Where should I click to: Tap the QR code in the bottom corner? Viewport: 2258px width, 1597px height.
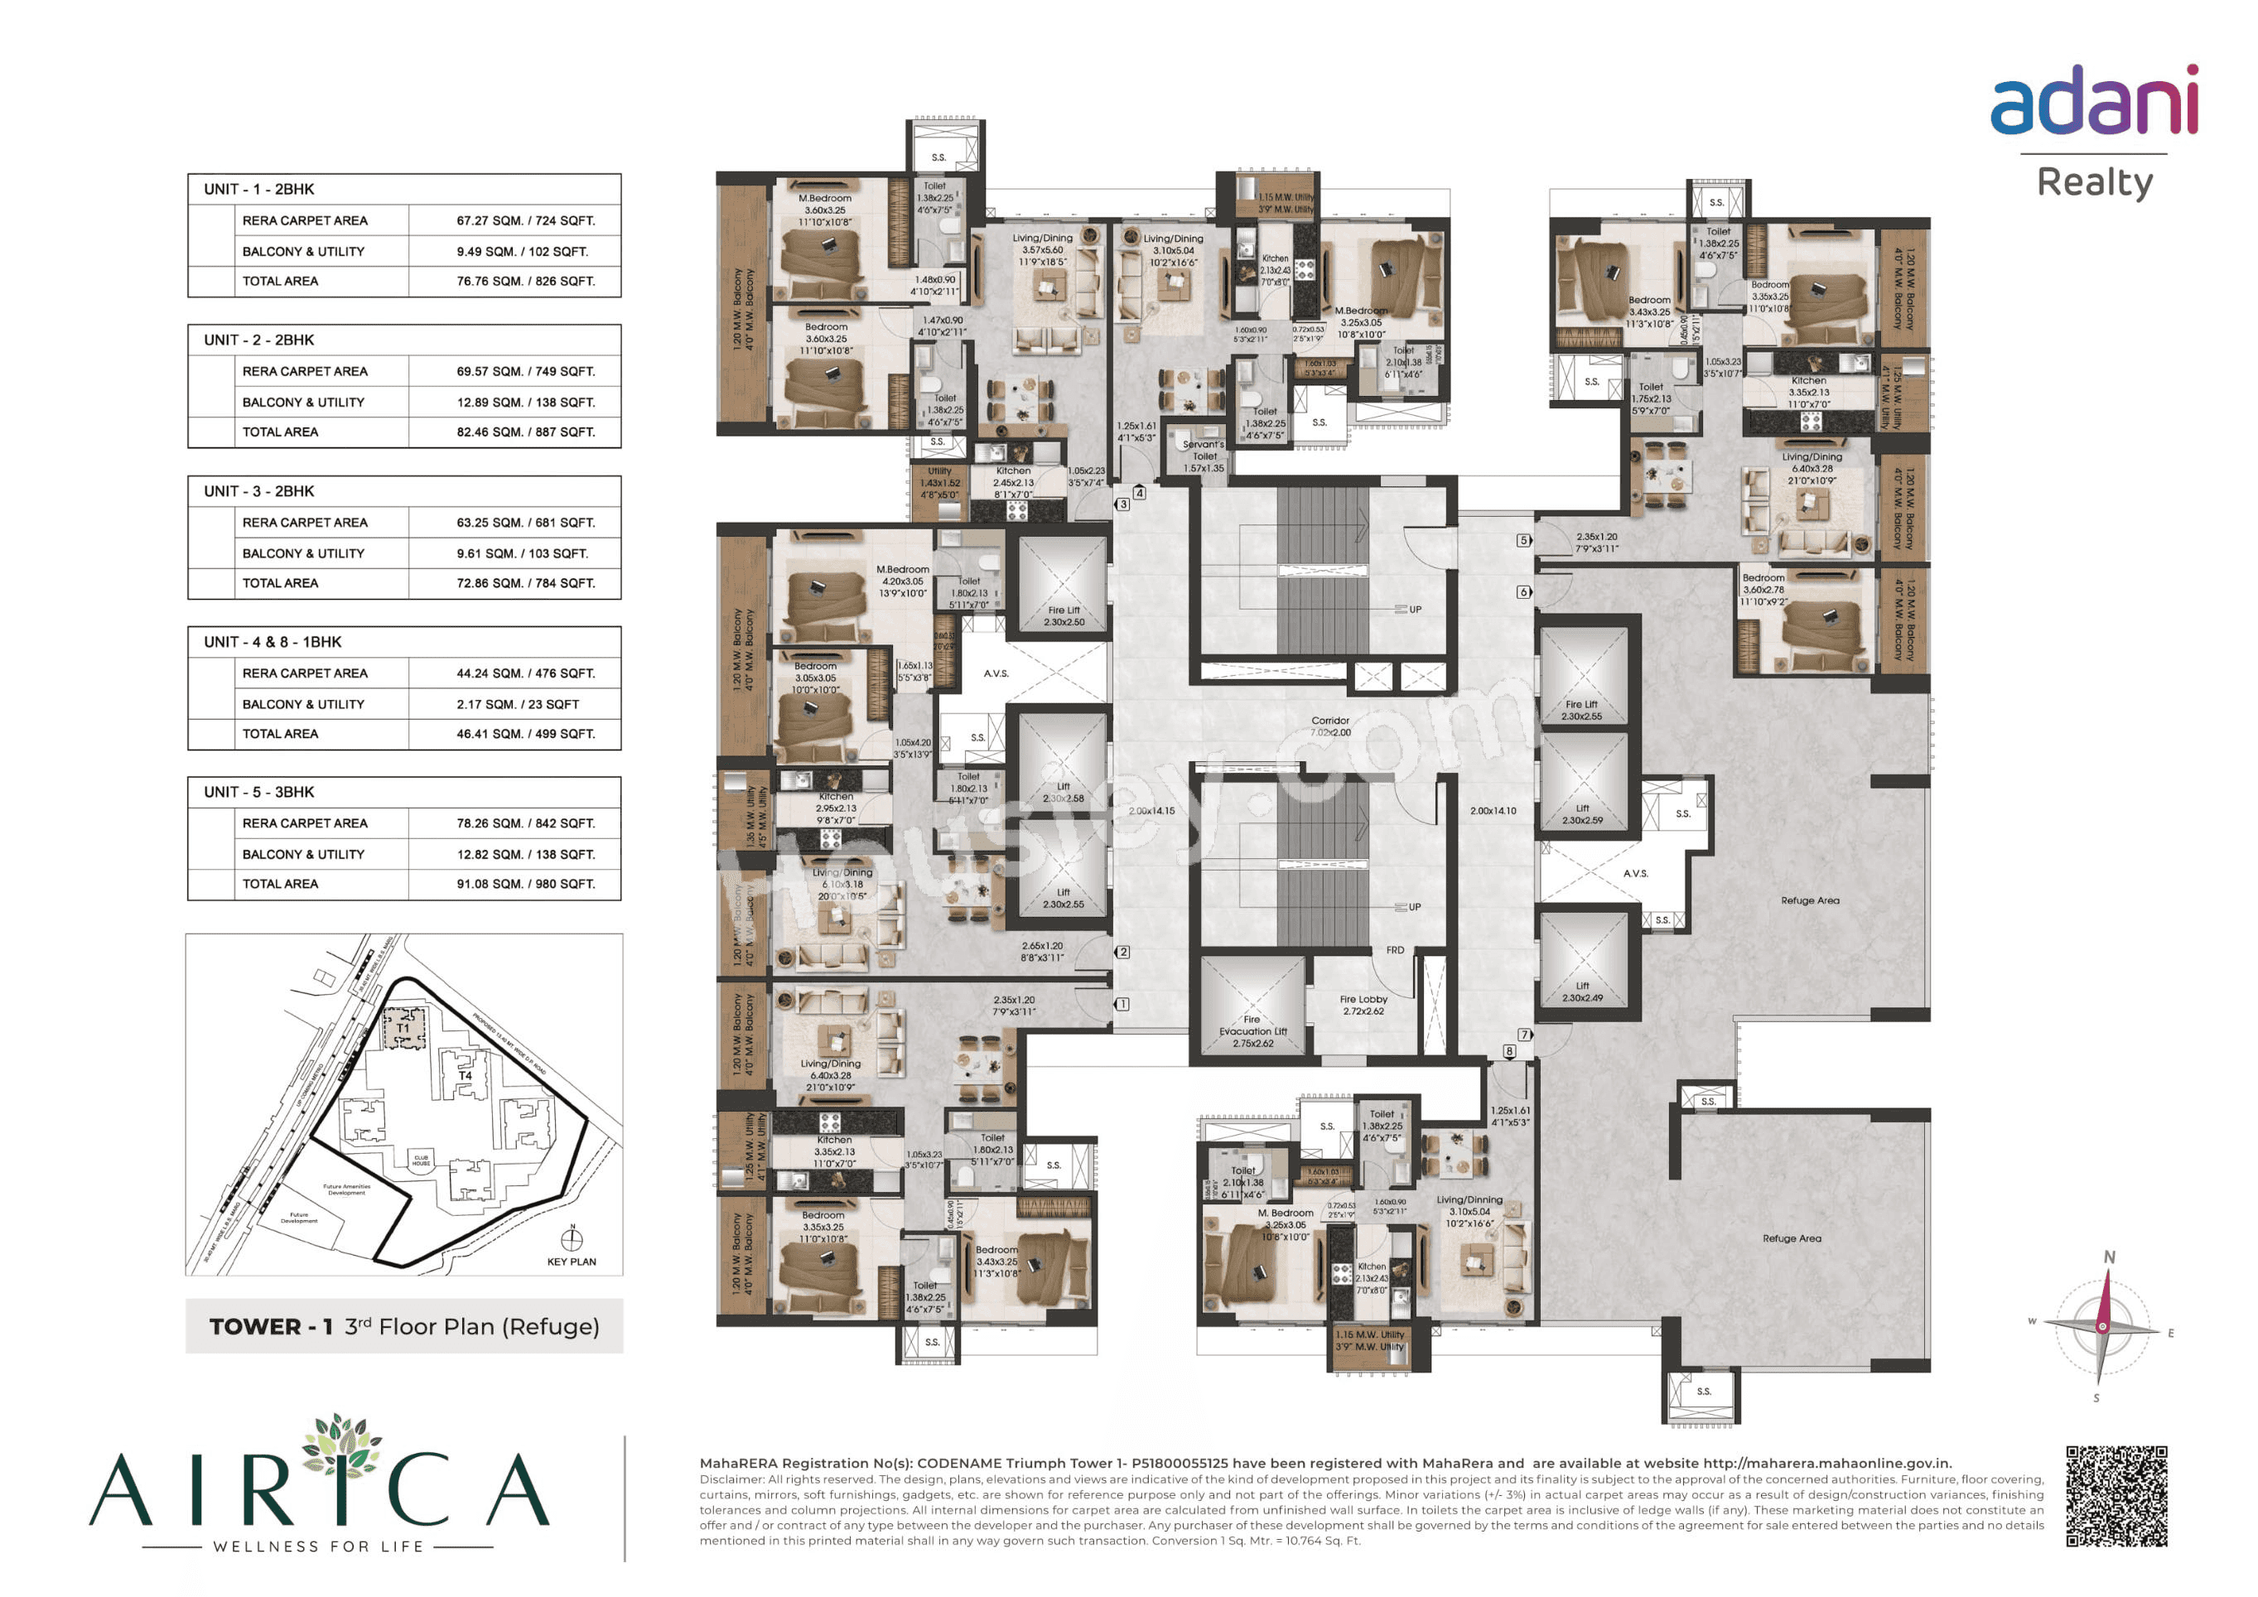pos(2116,1496)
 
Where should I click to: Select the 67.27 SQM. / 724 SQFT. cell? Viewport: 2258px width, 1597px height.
pos(525,220)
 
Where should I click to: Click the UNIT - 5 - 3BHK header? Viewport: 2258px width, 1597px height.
pos(258,792)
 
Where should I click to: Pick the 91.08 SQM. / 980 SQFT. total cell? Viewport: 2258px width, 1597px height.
pos(525,884)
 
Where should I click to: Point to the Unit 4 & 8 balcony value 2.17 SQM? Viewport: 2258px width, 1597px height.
pos(518,704)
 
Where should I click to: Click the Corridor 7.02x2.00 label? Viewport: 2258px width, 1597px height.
pos(1329,726)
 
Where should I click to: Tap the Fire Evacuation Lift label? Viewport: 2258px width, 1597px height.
pos(1252,1031)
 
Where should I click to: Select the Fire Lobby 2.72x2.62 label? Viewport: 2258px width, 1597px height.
pos(1363,1005)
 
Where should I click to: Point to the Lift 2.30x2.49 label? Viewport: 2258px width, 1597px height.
pos(1581,991)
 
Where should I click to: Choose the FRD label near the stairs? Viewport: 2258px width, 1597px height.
pos(1395,950)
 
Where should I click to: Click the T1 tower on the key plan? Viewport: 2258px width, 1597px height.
pos(403,1028)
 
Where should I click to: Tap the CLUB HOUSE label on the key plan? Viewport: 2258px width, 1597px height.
pos(421,1160)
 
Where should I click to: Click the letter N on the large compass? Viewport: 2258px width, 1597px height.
pos(2109,1257)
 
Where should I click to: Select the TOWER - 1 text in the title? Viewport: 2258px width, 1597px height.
pos(271,1327)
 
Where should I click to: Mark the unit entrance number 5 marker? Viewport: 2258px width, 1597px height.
pos(1523,540)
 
